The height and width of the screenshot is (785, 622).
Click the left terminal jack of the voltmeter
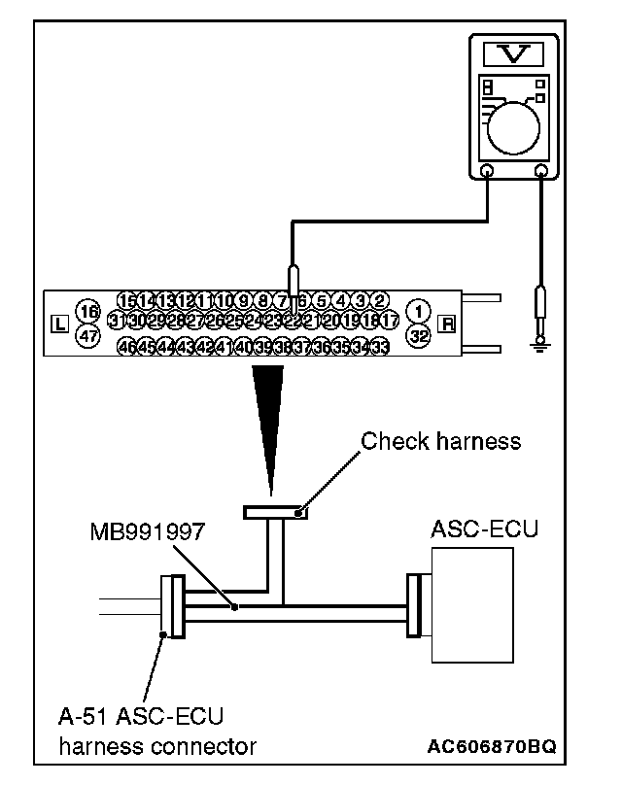[x=488, y=171]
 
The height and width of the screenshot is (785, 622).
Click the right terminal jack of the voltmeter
[x=542, y=171]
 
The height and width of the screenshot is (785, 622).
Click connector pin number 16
[x=88, y=311]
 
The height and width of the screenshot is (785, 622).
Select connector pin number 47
[x=88, y=337]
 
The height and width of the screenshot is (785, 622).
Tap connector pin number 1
[x=419, y=311]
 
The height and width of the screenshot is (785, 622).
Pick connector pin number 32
[x=419, y=337]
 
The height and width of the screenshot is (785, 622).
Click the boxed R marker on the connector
[x=447, y=324]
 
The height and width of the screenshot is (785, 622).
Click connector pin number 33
[x=380, y=347]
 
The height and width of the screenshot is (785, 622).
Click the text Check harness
[x=440, y=441]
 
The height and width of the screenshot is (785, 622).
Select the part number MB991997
[x=143, y=532]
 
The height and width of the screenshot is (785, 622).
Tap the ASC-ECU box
[x=468, y=605]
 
